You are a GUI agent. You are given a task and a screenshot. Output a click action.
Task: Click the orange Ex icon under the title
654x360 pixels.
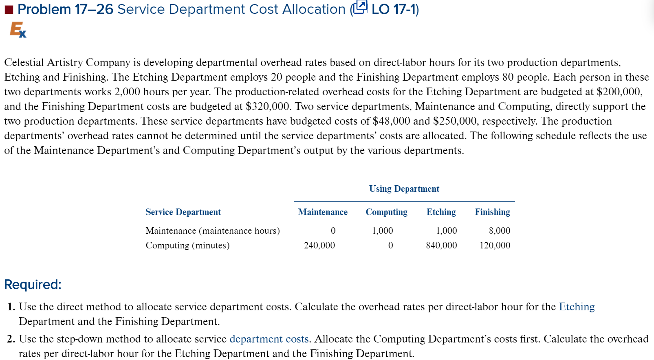18,30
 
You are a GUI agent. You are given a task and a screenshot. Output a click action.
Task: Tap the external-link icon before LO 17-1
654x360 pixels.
360,8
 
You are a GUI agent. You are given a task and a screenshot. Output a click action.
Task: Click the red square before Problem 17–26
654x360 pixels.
9,10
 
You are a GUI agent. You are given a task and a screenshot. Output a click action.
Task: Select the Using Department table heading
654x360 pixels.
404,189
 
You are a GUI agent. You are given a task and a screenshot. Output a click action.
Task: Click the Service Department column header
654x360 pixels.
183,212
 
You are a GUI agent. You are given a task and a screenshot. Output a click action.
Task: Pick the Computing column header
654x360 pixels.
386,212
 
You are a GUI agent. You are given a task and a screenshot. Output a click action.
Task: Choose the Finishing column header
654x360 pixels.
492,212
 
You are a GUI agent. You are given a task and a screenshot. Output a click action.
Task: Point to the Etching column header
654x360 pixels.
441,212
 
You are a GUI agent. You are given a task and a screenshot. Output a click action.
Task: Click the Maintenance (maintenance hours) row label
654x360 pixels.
213,231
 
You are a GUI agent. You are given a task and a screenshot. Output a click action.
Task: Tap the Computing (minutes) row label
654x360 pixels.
187,246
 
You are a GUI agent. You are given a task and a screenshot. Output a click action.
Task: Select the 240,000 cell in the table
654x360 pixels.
319,246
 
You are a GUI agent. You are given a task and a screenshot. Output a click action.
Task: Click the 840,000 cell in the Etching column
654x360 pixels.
441,246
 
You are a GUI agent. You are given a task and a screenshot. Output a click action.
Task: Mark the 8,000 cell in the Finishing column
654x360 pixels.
500,231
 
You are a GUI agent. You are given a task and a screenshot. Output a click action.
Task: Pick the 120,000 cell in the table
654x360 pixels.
495,246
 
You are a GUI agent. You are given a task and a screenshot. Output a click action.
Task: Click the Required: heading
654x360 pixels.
33,285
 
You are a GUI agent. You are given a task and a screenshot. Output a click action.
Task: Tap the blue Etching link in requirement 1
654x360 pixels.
577,307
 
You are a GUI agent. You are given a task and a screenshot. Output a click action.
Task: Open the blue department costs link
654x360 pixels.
269,339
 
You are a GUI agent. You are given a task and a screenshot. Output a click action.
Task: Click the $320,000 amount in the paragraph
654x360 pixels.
268,106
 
